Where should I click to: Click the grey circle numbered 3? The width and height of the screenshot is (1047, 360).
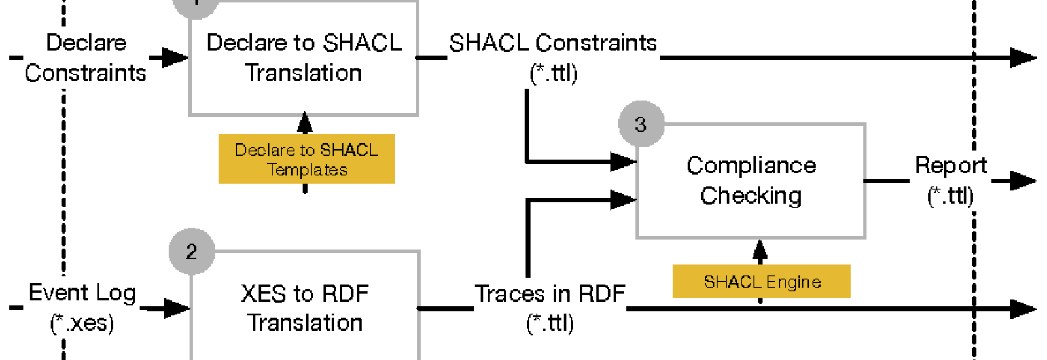coord(641,124)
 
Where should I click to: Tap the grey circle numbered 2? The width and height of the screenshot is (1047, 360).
coord(192,251)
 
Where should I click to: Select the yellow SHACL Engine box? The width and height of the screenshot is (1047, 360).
coord(762,281)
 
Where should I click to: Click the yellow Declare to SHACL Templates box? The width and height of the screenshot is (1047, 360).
coord(307,159)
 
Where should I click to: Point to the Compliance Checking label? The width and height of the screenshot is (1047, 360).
coord(751,181)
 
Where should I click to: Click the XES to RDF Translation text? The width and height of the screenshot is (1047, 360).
coord(305,308)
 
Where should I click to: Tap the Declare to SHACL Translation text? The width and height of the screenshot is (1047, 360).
coord(304,58)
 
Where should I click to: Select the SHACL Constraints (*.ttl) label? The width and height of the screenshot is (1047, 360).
coord(553,58)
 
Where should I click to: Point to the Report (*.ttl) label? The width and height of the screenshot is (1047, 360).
coord(951,181)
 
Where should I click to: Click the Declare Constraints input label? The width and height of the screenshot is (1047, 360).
coord(86,58)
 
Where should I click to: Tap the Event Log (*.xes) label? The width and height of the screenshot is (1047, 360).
coord(82,308)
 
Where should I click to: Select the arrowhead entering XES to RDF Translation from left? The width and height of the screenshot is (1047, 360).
coord(177,308)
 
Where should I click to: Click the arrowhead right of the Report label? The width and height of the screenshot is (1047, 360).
coord(1023,181)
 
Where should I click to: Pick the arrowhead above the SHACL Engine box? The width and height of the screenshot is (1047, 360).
coord(760,250)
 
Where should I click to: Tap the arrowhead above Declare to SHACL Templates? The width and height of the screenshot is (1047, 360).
coord(305,121)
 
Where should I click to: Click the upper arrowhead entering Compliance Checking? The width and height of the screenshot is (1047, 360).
coord(623,162)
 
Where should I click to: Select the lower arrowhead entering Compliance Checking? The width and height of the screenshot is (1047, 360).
coord(623,200)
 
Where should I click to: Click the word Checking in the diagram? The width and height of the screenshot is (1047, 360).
coord(751,196)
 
